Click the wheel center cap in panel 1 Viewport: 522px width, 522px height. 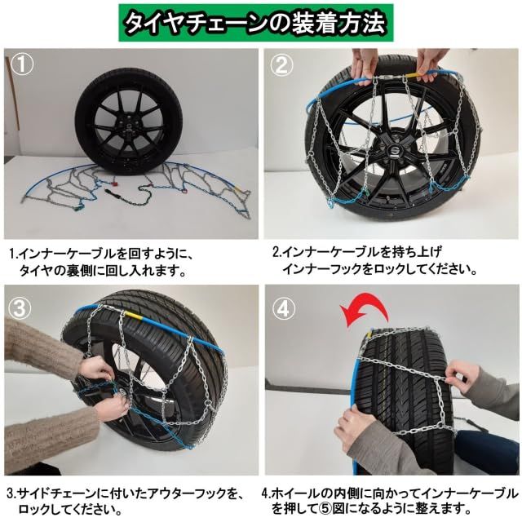[x=128, y=127]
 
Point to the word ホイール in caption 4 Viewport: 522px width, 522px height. [x=308, y=493]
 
